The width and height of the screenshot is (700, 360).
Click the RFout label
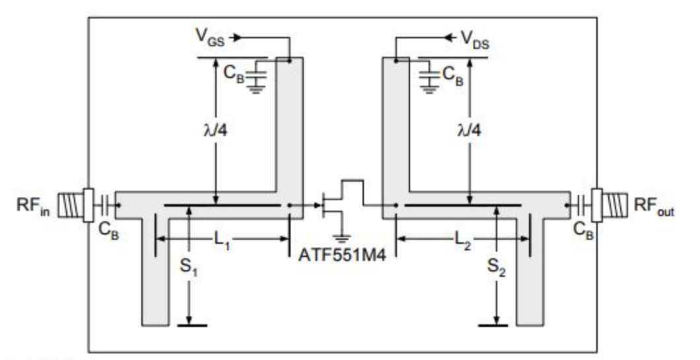pyautogui.click(x=654, y=204)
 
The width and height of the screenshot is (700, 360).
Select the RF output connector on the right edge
pyautogui.click(x=611, y=204)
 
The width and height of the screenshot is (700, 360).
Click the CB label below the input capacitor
pyautogui.click(x=110, y=231)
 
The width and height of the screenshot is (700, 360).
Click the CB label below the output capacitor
pyautogui.click(x=582, y=231)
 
